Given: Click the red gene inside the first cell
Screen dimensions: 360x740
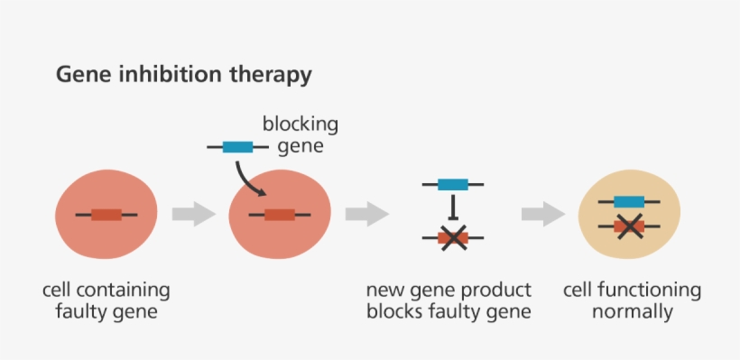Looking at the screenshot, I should pos(106,215).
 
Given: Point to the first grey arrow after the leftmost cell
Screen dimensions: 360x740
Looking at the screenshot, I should pos(193,214).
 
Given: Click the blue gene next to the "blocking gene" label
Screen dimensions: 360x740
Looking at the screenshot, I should pos(237,146).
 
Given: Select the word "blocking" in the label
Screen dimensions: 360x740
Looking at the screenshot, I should pos(301,125).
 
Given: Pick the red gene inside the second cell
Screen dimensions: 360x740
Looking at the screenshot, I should pos(279,215).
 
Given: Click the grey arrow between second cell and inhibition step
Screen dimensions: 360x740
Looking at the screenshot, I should pos(366,214).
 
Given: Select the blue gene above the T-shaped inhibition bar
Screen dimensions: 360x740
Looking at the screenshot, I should pos(452,184).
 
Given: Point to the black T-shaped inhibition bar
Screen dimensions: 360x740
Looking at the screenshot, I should pos(452,208).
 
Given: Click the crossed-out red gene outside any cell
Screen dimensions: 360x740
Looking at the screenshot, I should pos(452,238).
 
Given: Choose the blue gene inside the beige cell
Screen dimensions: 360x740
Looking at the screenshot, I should pos(628,201).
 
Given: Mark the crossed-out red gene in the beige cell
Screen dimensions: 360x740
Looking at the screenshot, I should pos(628,226).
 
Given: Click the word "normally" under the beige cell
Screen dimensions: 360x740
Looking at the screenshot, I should pos(632,313).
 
